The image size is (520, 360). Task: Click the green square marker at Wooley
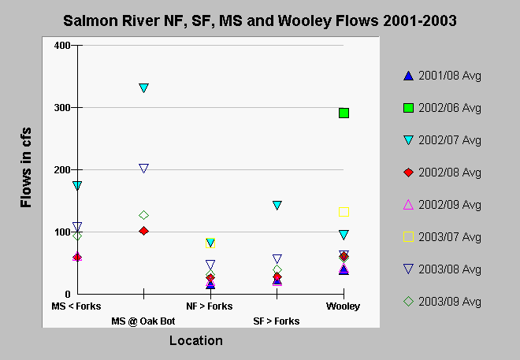pos(344,113)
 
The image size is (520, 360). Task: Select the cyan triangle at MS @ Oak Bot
pos(143,88)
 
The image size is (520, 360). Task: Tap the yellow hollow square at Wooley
pos(344,212)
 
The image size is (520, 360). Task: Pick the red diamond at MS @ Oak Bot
pos(143,231)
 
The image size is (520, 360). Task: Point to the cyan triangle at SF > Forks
pos(277,205)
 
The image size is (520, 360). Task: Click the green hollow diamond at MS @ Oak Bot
pos(143,215)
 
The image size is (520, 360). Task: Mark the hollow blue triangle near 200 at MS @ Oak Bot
pos(143,169)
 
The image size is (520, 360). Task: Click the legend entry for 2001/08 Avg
pos(442,76)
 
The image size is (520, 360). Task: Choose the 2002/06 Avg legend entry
pos(442,108)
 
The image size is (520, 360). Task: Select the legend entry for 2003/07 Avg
pos(442,237)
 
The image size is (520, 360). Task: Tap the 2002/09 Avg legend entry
pos(442,205)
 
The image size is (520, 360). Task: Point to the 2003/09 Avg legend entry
pos(442,302)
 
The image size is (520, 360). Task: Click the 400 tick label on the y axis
pos(62,46)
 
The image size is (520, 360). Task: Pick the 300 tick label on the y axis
pos(62,108)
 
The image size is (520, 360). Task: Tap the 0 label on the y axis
pos(68,294)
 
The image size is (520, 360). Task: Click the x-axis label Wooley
pos(343,306)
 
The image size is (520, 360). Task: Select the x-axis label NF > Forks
pos(210,306)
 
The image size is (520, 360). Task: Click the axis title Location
pos(196,341)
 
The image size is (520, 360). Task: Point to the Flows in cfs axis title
pos(26,168)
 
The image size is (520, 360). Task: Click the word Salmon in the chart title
pos(91,21)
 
